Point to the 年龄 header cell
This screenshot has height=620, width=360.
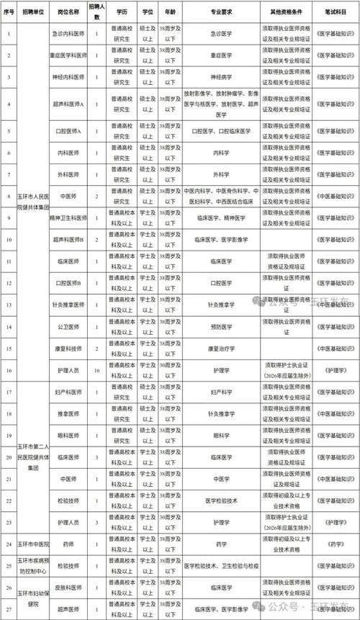click(170, 13)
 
